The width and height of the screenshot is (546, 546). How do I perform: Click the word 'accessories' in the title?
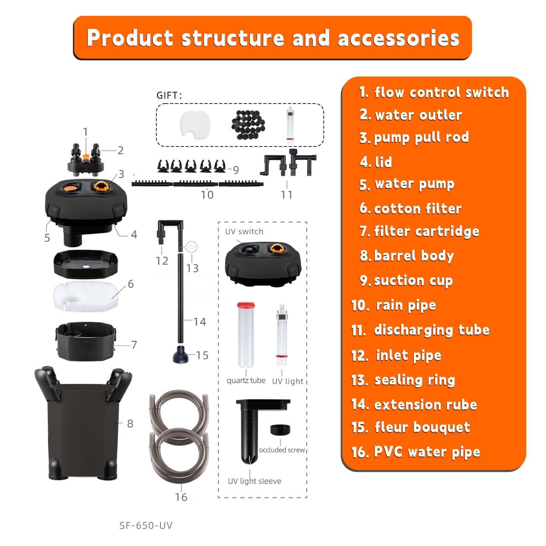[x=398, y=38]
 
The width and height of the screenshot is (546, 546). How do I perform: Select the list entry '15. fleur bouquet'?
[x=411, y=427]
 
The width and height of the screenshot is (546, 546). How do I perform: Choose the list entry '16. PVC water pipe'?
[x=415, y=452]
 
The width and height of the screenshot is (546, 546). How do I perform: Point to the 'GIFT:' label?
[x=169, y=95]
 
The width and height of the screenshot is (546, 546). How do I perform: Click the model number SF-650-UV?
[x=146, y=525]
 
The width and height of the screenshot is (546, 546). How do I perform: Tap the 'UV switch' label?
[x=244, y=231]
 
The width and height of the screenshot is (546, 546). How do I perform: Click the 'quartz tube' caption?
[x=246, y=381]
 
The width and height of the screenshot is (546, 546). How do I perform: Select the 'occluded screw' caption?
[x=282, y=450]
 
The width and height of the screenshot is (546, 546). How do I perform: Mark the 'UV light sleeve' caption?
[x=255, y=481]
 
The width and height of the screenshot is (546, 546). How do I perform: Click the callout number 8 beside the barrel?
[x=130, y=424]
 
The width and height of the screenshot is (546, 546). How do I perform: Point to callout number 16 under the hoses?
[x=181, y=497]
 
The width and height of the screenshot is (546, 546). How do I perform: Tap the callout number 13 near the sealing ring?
[x=192, y=268]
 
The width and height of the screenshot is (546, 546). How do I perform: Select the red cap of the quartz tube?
[x=246, y=305]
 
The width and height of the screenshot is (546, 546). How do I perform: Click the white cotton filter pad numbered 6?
[x=86, y=296]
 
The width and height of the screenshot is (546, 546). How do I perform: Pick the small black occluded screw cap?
[x=280, y=430]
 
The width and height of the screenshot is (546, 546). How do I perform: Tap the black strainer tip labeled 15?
[x=180, y=355]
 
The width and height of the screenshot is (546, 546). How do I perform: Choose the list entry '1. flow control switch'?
[x=434, y=93]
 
